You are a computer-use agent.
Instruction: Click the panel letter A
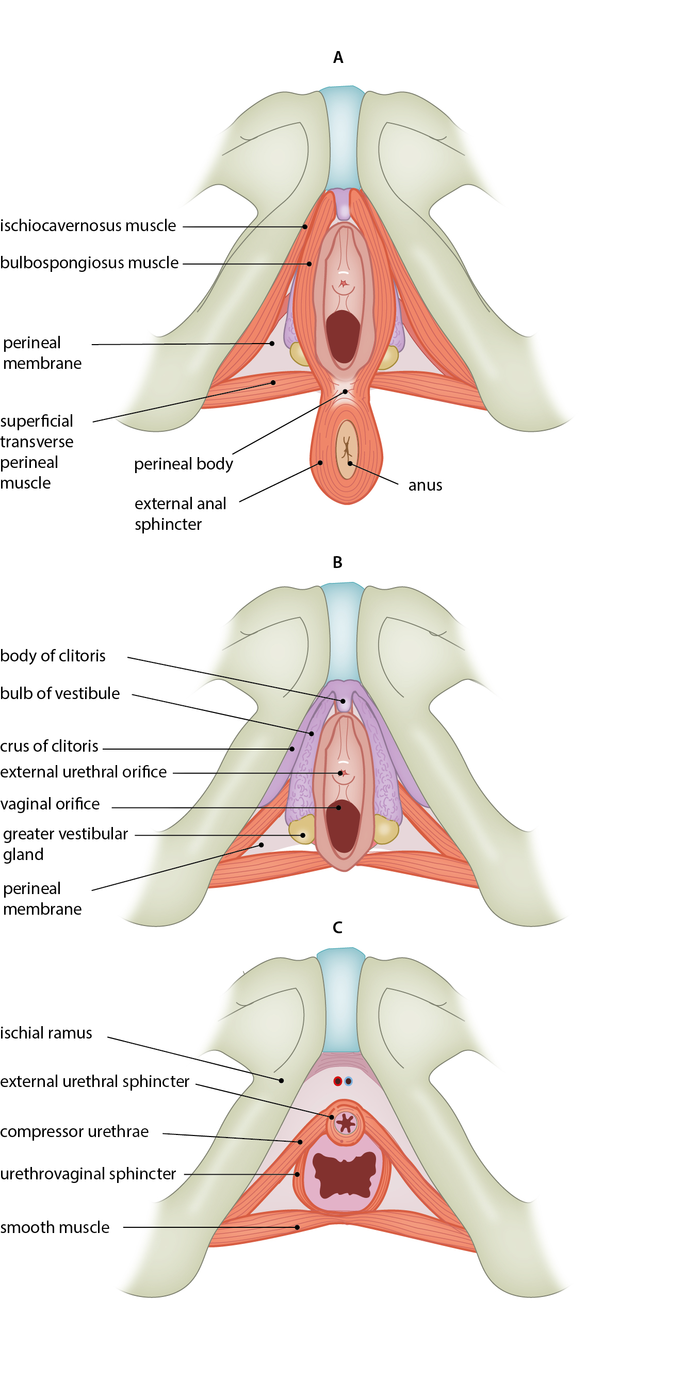[338, 57]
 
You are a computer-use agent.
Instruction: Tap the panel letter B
[337, 562]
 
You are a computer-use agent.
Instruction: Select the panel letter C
[337, 927]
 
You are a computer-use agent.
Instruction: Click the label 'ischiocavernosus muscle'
[88, 226]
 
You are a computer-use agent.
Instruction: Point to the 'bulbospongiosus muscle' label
[89, 263]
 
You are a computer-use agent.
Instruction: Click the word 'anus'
[425, 485]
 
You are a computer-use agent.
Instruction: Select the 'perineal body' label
[183, 464]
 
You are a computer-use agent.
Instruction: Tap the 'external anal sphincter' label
[180, 513]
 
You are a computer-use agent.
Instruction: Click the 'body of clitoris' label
[53, 656]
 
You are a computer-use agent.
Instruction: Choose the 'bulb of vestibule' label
[60, 693]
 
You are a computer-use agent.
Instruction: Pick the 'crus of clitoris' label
[49, 745]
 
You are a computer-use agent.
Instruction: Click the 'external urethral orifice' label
[84, 772]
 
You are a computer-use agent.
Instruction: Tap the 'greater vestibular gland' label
[66, 843]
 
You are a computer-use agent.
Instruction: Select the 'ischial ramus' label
[46, 1033]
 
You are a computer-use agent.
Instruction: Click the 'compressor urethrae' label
[74, 1131]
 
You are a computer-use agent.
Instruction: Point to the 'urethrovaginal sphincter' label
[88, 1174]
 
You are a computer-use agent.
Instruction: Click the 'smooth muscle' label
[55, 1227]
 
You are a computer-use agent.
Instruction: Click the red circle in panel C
[338, 1081]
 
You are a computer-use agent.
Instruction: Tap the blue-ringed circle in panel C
[348, 1081]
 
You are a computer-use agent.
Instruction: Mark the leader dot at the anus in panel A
[349, 463]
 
